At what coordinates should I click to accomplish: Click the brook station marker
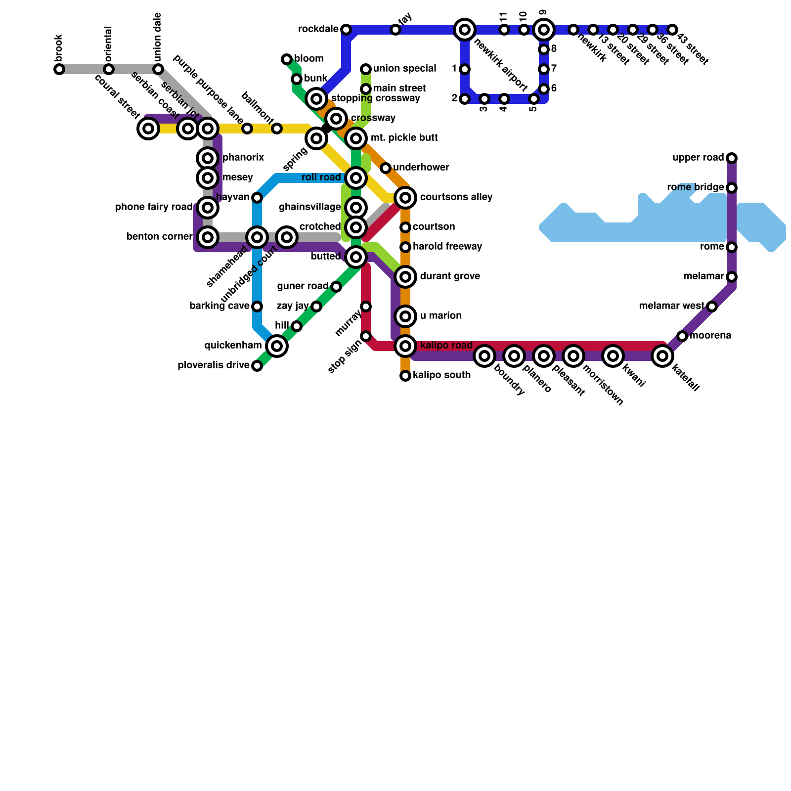pos(59,69)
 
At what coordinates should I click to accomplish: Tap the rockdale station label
pos(318,30)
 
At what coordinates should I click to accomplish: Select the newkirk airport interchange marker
pos(464,30)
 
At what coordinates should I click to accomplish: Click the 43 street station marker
pos(672,30)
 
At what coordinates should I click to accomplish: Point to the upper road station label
pos(698,158)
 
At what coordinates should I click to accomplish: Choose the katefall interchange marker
pos(662,356)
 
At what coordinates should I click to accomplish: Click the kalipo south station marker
pos(405,376)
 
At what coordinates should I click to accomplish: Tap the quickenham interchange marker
pos(277,346)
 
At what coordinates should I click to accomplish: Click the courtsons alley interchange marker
pos(405,198)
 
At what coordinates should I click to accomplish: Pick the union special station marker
pos(366,69)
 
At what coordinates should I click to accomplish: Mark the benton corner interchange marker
pos(208,237)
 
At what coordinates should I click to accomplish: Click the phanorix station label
pos(243,158)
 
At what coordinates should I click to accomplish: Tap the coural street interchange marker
pos(148,129)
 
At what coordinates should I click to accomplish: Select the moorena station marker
pos(682,336)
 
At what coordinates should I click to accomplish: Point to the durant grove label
pos(450,276)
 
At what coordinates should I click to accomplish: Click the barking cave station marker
pos(257,307)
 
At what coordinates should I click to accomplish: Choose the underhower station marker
pos(386,168)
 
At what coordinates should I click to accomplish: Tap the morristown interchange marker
pos(573,356)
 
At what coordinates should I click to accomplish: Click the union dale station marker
pos(158,69)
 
